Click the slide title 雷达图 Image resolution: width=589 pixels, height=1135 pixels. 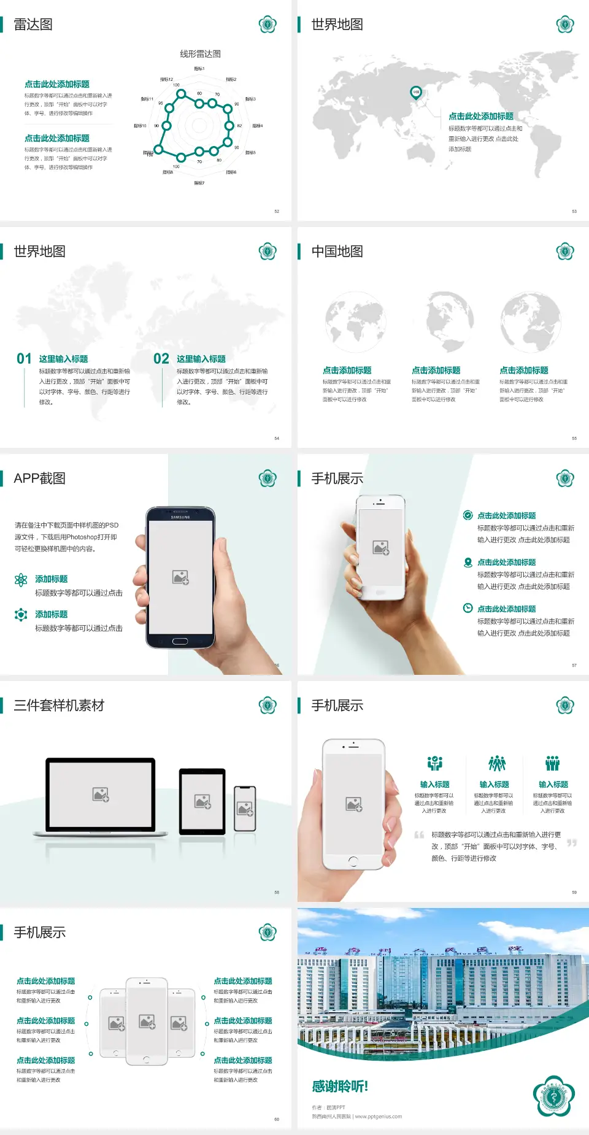tap(33, 25)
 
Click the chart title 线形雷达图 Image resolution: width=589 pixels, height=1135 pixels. tap(200, 54)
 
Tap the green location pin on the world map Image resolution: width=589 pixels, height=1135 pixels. tap(415, 93)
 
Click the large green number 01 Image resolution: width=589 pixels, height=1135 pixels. tap(24, 358)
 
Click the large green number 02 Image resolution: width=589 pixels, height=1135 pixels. tap(161, 358)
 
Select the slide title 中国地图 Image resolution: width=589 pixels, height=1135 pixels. tap(337, 252)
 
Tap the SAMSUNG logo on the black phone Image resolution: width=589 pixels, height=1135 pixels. tap(180, 517)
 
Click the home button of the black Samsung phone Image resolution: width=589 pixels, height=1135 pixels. tap(180, 641)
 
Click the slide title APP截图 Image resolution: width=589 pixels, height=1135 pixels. tap(39, 479)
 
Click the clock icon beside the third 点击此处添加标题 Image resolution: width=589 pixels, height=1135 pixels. tap(468, 608)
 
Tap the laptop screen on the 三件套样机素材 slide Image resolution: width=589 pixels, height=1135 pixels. tap(101, 794)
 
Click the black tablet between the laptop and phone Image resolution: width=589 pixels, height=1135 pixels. tap(202, 801)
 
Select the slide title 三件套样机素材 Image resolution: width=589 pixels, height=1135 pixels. tap(59, 706)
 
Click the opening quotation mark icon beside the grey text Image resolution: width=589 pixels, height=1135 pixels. tap(419, 835)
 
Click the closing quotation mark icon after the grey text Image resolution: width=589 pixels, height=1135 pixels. tap(571, 843)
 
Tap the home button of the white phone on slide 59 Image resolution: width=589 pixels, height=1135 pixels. tap(353, 861)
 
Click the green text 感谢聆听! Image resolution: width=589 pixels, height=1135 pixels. tap(340, 1087)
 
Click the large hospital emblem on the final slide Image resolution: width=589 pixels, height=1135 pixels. tap(553, 1096)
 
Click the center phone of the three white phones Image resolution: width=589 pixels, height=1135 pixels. tap(147, 1021)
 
